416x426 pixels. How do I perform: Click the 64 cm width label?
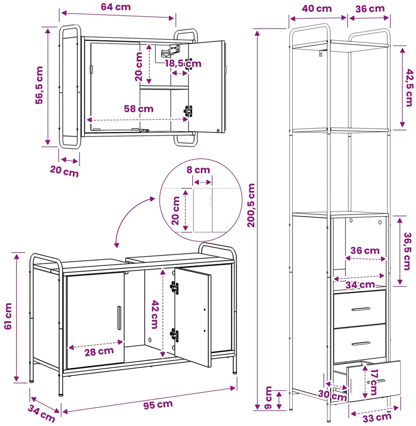(x=116, y=7)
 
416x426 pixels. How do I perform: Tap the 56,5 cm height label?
(x=39, y=85)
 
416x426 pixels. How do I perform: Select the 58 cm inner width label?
(x=139, y=109)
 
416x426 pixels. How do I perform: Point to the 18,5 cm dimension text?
(x=183, y=64)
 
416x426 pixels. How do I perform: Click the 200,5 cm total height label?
(x=251, y=205)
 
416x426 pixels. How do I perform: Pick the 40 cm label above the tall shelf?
(x=317, y=8)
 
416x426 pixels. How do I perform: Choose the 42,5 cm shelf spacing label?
(x=409, y=88)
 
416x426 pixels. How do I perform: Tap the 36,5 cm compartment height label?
(x=407, y=251)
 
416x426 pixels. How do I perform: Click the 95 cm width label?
(x=158, y=405)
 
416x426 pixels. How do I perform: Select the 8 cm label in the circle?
(x=198, y=170)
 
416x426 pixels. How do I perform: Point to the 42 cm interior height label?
(x=155, y=315)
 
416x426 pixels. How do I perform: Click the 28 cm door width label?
(x=99, y=351)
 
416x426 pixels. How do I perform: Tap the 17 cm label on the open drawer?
(x=374, y=382)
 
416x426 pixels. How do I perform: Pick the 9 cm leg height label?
(x=268, y=398)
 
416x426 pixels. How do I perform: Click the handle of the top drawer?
(x=361, y=309)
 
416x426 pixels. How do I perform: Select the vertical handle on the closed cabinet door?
(x=119, y=318)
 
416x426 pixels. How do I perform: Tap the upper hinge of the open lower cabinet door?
(x=174, y=287)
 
